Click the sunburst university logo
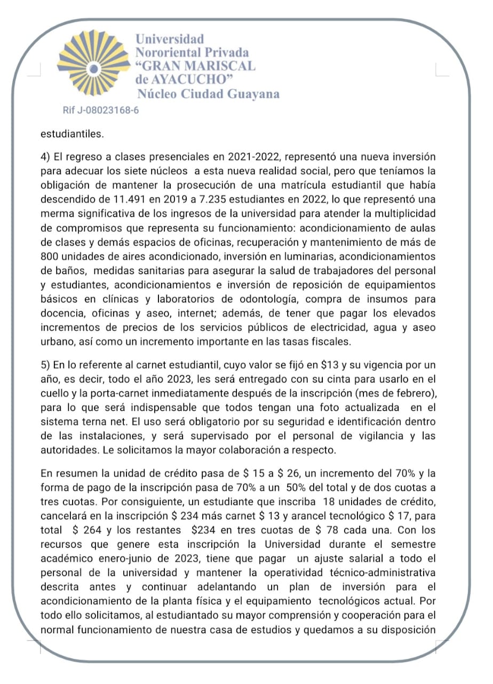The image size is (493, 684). pyautogui.click(x=94, y=66)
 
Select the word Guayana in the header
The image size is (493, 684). pyautogui.click(x=252, y=94)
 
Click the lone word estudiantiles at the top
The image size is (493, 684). pyautogui.click(x=72, y=134)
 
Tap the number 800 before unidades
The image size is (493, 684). pyautogui.click(x=51, y=255)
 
